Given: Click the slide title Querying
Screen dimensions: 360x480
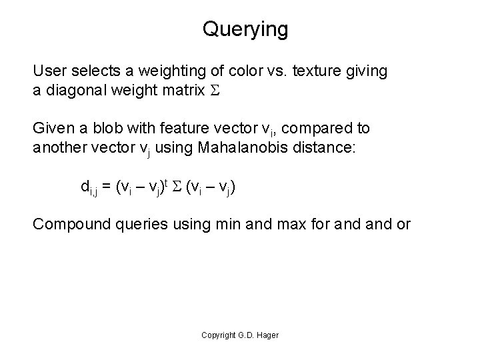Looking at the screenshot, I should (245, 30).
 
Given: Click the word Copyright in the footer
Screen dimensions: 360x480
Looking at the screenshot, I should (217, 335).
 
